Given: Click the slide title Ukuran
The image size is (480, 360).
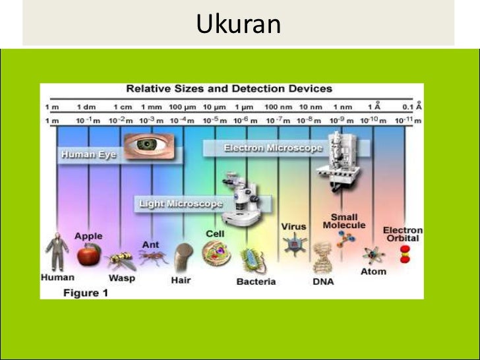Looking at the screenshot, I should (239, 24).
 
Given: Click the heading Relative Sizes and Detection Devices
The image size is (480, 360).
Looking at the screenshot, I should (229, 88).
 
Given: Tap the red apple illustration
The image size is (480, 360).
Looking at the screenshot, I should (89, 253).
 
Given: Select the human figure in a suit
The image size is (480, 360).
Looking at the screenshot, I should (56, 252).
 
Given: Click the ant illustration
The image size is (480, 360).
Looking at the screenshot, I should (152, 260).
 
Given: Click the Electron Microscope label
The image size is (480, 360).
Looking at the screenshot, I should (273, 148).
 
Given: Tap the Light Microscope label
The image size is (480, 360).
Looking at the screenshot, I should (181, 204).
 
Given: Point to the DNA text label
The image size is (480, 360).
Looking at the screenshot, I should (323, 282).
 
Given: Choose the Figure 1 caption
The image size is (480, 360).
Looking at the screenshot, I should (85, 293).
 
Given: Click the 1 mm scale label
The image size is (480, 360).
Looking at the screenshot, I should (150, 106).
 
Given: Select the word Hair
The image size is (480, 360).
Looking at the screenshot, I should (181, 280).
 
